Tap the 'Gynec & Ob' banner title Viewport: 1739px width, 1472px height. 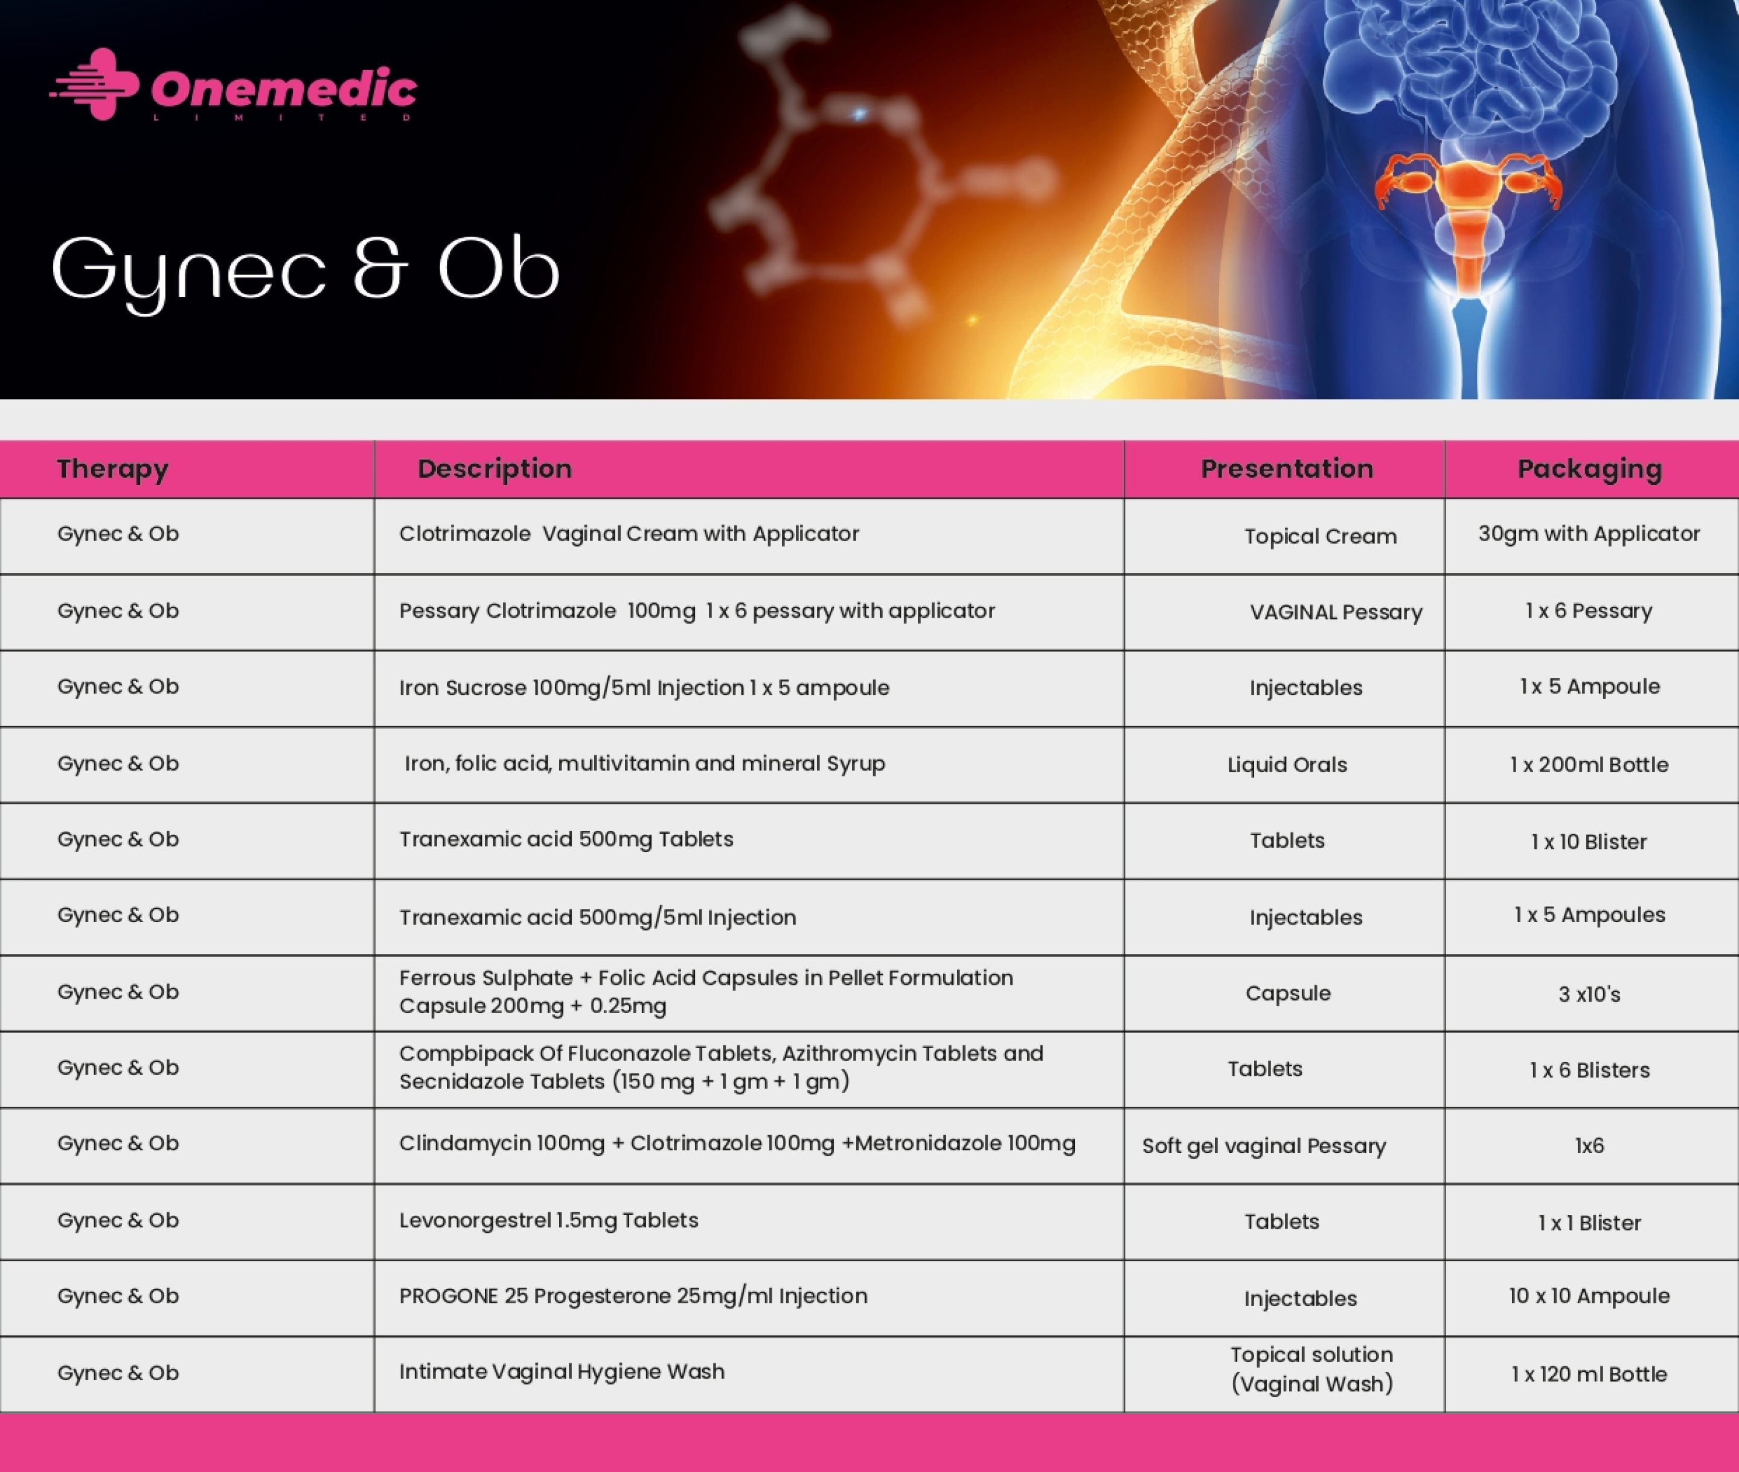[306, 271]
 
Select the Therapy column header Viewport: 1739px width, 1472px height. [113, 469]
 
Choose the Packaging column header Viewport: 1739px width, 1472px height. [1590, 469]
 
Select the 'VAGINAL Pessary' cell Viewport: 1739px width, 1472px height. [1336, 612]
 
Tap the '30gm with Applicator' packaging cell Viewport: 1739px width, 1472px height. [1589, 534]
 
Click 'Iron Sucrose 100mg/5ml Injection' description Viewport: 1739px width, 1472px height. [572, 688]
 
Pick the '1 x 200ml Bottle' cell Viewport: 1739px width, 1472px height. [1589, 764]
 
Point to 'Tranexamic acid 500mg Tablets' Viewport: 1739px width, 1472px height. [566, 839]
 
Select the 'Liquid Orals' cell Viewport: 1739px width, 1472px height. [1287, 764]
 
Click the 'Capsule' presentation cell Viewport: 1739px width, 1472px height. [1287, 993]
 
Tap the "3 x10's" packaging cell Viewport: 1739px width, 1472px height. [1589, 994]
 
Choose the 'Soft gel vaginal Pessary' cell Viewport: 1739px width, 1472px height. [1263, 1146]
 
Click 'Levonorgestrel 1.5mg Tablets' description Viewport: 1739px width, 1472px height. [548, 1220]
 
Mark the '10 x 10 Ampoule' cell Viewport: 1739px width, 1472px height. [1589, 1296]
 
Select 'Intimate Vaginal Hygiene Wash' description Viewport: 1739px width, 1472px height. [562, 1372]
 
